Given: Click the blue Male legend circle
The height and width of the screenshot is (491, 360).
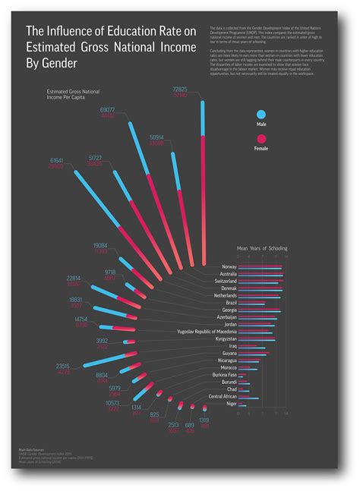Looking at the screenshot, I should point(261,114).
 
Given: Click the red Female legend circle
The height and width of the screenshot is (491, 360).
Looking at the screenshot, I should point(261,138).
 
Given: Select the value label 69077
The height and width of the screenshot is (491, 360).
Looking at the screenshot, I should point(108,111).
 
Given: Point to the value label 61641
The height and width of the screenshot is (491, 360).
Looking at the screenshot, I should point(56,161).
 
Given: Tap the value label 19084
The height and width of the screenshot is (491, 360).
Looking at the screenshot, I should point(100,246).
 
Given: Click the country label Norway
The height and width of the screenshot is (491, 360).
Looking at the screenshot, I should point(229,267).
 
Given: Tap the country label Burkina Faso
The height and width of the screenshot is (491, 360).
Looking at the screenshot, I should point(223,375).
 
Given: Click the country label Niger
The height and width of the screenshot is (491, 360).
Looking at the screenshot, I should point(231,404).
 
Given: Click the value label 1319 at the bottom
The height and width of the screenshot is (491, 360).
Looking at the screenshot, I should point(204,420).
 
